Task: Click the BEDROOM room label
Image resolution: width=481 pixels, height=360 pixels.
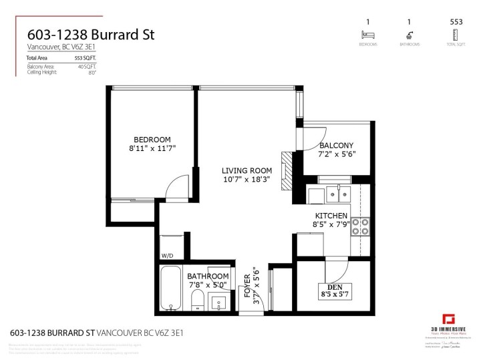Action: click(x=152, y=140)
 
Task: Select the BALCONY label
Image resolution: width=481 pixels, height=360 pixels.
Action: click(x=337, y=146)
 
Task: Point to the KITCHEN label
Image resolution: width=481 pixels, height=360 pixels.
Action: click(x=331, y=216)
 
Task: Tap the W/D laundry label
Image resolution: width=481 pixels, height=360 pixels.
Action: click(x=166, y=256)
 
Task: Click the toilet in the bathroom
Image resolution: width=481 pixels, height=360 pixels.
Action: click(x=197, y=301)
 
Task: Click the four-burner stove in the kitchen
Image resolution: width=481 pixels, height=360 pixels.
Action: click(x=361, y=228)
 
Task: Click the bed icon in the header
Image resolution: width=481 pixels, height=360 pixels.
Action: click(x=365, y=35)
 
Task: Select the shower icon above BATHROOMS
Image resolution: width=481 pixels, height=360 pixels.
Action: click(x=409, y=35)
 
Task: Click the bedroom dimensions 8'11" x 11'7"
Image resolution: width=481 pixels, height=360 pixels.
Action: click(x=152, y=149)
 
